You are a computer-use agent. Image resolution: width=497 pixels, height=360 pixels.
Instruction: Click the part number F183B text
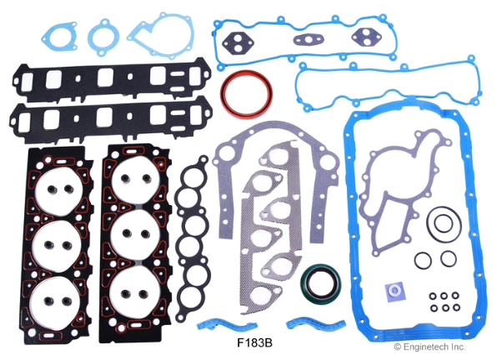(x=254, y=342)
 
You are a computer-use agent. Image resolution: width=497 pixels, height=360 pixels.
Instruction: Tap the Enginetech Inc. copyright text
(x=429, y=347)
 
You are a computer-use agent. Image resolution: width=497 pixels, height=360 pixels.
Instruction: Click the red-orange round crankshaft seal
(x=246, y=95)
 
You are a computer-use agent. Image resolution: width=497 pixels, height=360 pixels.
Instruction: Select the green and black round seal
(x=321, y=283)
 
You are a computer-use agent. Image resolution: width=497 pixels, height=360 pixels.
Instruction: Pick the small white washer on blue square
(x=394, y=289)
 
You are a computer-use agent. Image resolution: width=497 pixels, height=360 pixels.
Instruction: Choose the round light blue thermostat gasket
(x=103, y=37)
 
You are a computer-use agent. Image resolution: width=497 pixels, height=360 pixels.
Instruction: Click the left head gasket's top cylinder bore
(x=59, y=189)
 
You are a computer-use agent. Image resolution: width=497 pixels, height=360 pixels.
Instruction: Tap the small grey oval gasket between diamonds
(x=304, y=40)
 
